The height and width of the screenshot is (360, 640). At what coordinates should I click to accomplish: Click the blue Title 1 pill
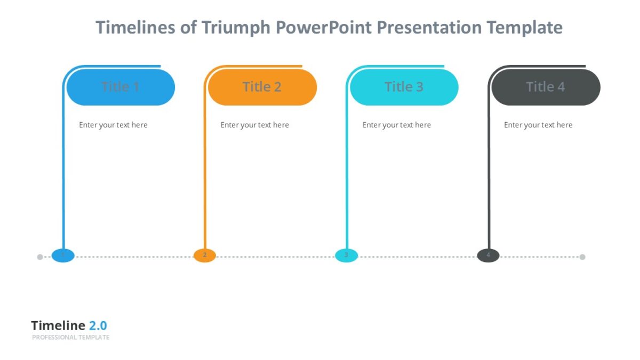121,87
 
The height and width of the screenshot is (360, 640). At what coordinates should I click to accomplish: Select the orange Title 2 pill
262,87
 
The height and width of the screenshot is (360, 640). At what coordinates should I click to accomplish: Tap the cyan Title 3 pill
404,87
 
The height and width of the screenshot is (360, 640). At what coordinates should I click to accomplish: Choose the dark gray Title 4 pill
546,87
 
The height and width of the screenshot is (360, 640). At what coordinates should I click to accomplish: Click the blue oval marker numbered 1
63,255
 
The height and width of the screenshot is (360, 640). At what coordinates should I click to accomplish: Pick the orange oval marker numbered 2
205,255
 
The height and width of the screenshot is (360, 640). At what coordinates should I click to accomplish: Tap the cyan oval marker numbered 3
346,255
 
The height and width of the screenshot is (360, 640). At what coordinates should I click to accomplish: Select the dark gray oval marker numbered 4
488,255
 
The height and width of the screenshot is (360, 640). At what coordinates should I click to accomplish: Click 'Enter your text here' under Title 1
113,125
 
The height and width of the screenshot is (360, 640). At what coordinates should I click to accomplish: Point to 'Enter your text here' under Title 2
254,125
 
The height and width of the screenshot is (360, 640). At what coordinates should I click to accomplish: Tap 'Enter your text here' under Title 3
396,125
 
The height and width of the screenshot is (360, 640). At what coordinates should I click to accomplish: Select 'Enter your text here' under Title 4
538,125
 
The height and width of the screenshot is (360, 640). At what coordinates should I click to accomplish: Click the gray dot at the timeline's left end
40,257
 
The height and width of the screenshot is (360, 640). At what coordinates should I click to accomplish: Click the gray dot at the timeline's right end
582,257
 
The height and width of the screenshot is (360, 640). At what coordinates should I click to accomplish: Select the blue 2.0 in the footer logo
98,325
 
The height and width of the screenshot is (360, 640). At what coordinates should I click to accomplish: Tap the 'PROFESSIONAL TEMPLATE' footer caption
70,338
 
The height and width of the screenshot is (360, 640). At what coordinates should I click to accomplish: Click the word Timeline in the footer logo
58,325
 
